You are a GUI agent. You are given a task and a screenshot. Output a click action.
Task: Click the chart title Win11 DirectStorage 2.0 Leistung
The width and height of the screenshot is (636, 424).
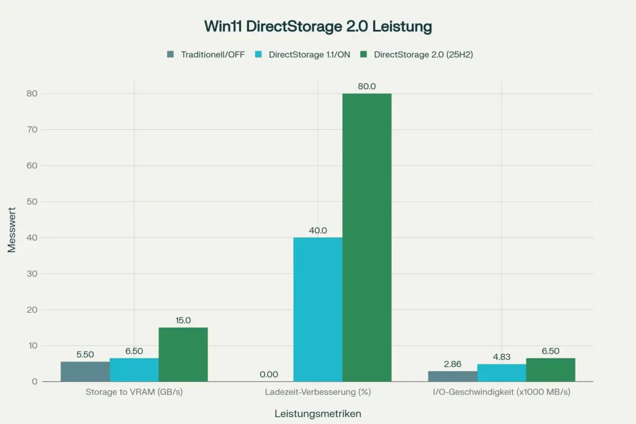tap(317, 27)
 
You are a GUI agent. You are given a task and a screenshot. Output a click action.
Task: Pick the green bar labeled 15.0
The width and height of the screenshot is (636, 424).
tap(183, 354)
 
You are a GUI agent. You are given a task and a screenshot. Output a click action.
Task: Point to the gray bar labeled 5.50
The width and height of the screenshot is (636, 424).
tap(85, 371)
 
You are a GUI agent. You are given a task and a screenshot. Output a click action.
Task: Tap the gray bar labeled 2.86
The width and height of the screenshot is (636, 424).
tap(452, 376)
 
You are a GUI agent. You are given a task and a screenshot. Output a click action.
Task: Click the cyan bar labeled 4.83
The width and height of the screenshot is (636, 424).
tap(501, 372)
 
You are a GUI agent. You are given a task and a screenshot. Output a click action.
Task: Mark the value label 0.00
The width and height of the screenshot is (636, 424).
tap(268, 374)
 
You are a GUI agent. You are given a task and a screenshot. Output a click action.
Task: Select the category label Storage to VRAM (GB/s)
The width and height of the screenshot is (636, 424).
tap(134, 393)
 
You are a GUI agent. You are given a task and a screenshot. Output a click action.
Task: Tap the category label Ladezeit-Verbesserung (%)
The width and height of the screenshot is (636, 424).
tap(317, 393)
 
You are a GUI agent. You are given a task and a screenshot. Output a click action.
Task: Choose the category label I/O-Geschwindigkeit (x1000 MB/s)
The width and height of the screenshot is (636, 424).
tap(501, 393)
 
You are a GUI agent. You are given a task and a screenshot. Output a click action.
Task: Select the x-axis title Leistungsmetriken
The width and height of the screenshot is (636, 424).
tap(317, 413)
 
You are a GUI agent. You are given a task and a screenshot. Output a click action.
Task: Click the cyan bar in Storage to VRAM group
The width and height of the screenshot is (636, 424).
tap(134, 369)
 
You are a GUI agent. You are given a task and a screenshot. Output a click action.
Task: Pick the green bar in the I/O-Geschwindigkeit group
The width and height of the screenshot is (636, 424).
tap(550, 369)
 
